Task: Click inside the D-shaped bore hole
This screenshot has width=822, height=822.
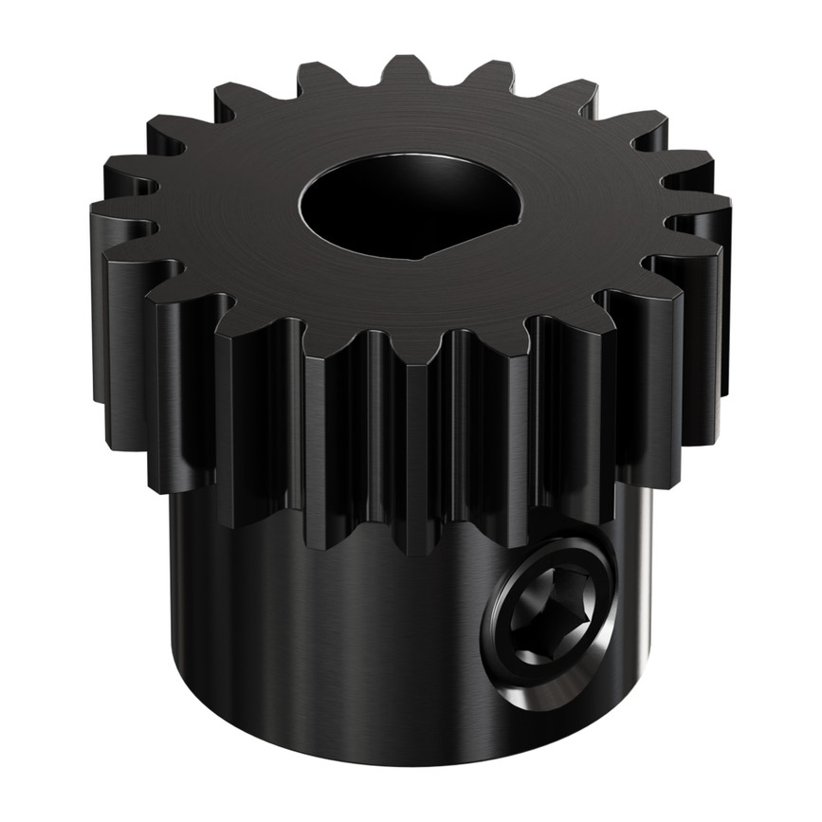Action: coord(398,204)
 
